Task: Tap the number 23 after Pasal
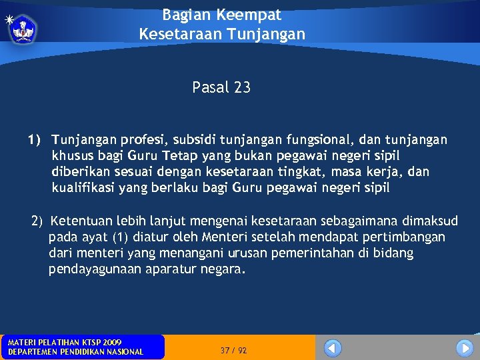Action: (242, 87)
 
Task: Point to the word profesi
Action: (146, 140)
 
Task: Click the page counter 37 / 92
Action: (233, 350)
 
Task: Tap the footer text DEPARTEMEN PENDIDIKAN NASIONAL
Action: (75, 352)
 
